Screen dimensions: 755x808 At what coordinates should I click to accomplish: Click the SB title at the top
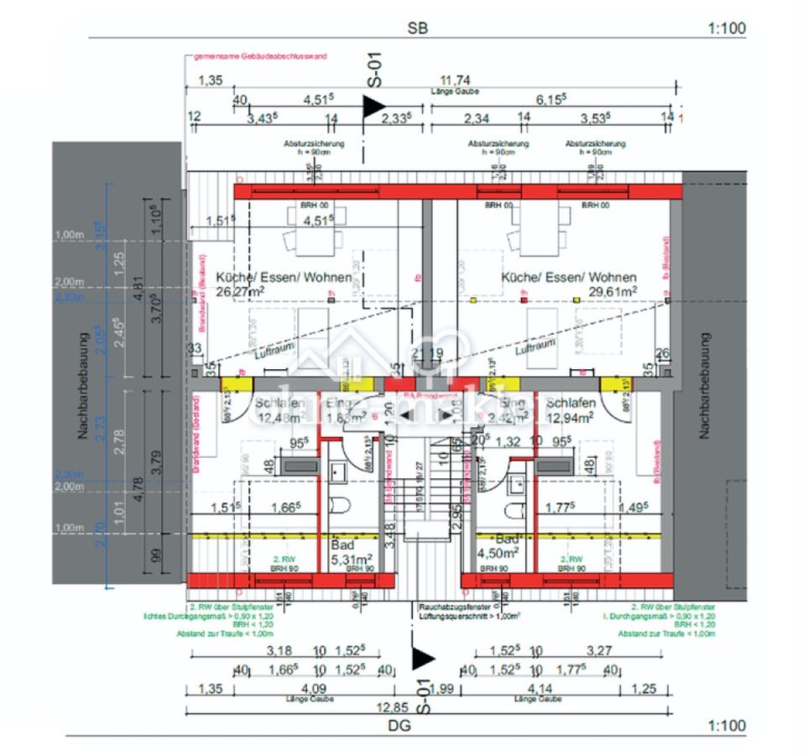tap(417, 28)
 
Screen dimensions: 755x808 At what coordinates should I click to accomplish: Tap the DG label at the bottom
tap(401, 726)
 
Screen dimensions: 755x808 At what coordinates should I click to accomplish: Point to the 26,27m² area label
tap(242, 291)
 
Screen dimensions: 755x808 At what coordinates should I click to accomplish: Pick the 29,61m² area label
tap(612, 291)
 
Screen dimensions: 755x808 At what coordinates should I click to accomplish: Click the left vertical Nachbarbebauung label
tap(83, 386)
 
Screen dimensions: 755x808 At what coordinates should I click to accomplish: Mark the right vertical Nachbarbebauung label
tap(705, 386)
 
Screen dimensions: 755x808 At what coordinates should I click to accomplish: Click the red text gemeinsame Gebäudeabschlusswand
tap(260, 57)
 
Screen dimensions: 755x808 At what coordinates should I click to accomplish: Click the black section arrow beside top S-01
tap(373, 107)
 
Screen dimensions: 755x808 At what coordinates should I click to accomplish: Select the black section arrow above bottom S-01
tap(422, 660)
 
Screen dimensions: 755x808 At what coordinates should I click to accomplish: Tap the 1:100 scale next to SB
tap(726, 29)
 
